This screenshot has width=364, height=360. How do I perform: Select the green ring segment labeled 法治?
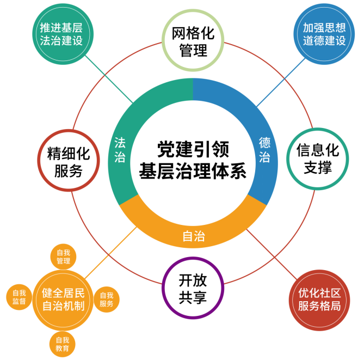(120, 149)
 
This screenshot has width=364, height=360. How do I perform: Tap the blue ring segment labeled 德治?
(265, 149)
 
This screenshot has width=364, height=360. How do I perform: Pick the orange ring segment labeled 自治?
(193, 236)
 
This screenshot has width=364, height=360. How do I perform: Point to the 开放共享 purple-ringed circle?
(193, 288)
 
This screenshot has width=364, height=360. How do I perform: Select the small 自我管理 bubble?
(63, 257)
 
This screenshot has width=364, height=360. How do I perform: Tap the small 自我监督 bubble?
(19, 296)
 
